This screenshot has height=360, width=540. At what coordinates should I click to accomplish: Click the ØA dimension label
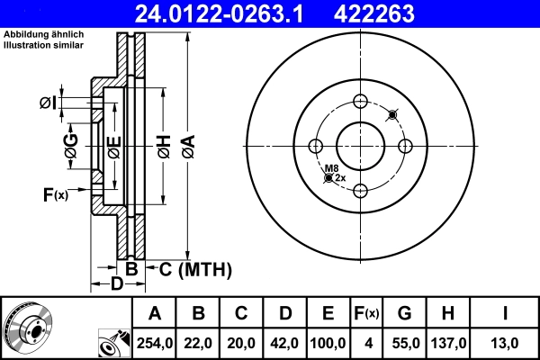pos(187,147)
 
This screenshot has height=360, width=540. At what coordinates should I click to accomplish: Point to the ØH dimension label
pos(163,147)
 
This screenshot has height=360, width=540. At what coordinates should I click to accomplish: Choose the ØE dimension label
pos(114,147)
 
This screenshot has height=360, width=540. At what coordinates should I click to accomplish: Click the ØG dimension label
pos(71,147)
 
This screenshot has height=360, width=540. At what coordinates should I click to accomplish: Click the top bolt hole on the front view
pos(360,101)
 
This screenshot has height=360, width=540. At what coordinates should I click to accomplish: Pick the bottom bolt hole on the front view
pos(360,190)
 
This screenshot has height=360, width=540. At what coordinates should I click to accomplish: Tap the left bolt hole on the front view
pos(316,146)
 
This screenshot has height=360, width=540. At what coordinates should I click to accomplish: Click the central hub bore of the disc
pos(360,146)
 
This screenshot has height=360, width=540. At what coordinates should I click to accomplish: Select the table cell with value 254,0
pos(155,343)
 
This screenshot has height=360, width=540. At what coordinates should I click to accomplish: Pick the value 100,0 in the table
pos(328,343)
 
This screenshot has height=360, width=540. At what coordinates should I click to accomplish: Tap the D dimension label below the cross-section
pos(116,285)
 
